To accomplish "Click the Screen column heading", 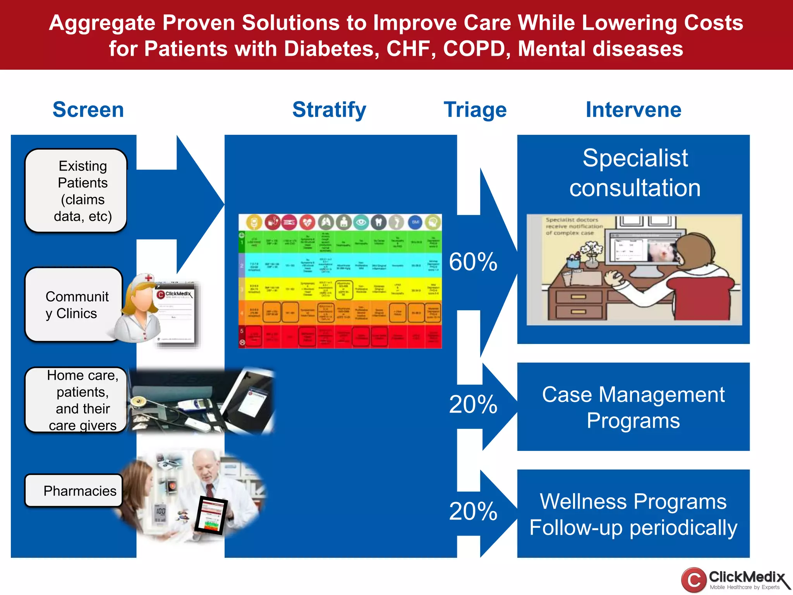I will (x=88, y=110).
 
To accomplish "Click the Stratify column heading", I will (x=329, y=110).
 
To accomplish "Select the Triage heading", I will (x=475, y=110).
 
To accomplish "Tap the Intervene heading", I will (x=633, y=110).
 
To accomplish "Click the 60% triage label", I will (x=473, y=262).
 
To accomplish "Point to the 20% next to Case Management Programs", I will (x=473, y=404).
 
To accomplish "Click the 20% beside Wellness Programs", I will (x=473, y=511).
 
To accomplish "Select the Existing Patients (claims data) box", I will (x=76, y=191).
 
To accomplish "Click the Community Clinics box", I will (x=74, y=305).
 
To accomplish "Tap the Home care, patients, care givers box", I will (x=76, y=400).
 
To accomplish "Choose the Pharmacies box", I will (x=74, y=491).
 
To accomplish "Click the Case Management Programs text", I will (x=633, y=407).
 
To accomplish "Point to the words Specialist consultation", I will (x=635, y=173).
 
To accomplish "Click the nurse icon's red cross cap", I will (x=149, y=278).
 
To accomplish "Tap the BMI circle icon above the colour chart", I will (x=415, y=222).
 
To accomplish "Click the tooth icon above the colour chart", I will (x=379, y=222).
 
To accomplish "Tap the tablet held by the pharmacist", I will (x=211, y=515).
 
